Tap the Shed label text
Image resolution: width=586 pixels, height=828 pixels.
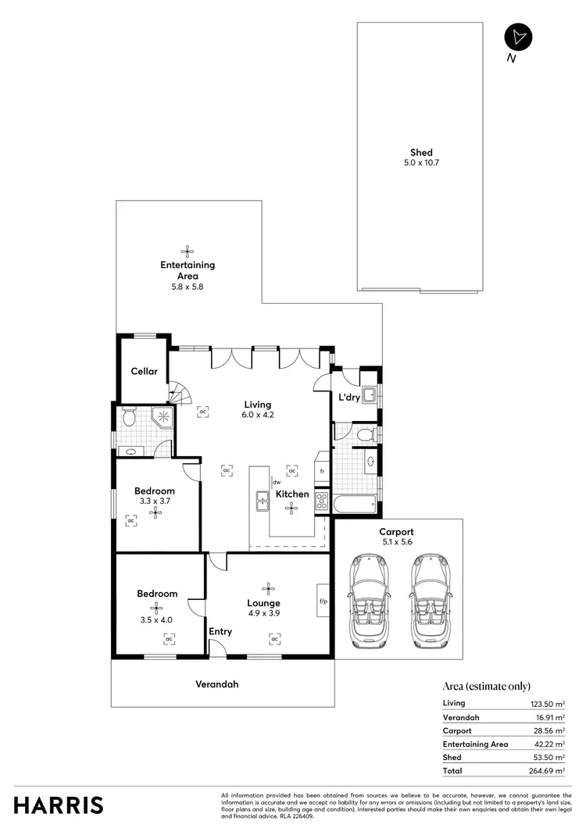[421, 153]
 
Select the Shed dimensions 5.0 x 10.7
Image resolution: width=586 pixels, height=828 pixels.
[421, 163]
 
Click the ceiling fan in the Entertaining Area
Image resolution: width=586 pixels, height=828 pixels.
[187, 252]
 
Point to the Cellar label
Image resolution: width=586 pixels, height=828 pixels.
[144, 372]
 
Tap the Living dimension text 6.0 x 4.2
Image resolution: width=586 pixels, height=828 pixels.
[257, 415]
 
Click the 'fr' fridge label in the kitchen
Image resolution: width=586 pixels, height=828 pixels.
[322, 472]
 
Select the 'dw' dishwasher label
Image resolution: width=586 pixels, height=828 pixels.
[276, 483]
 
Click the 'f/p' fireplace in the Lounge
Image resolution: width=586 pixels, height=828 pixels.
[322, 601]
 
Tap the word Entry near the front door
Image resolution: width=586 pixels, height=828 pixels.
[220, 631]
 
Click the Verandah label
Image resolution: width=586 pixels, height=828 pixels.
[216, 684]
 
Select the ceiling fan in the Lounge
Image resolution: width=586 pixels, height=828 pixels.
[270, 588]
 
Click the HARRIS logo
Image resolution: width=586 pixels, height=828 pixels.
[59, 805]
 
